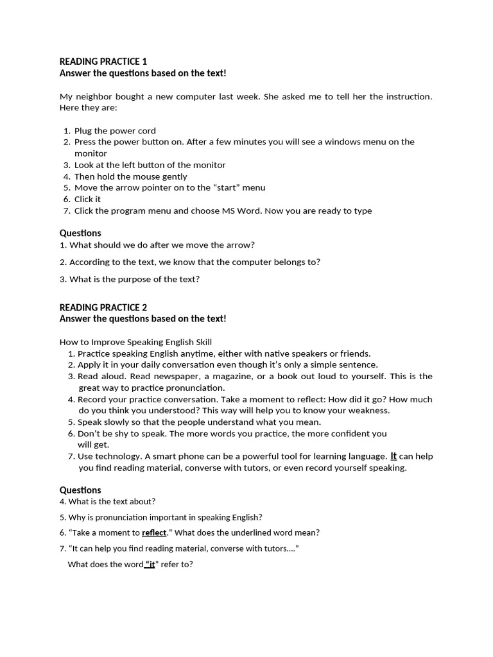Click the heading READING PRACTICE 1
click(103, 62)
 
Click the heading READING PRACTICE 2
click(103, 307)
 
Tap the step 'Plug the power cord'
click(115, 131)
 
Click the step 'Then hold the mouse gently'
click(131, 176)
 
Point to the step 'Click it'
click(87, 200)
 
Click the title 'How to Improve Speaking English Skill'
click(135, 342)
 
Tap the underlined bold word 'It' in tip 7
click(394, 456)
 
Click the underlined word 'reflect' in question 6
click(154, 533)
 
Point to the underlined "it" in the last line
click(150, 565)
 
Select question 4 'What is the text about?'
click(108, 502)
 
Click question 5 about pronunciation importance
click(161, 517)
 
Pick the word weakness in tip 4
click(367, 411)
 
